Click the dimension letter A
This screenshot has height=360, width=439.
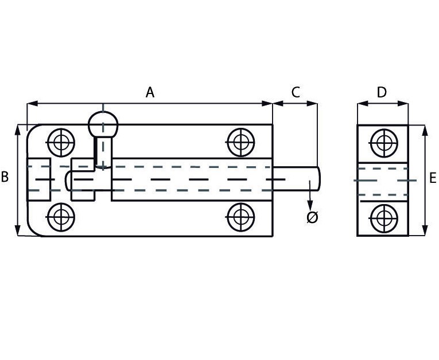[150, 92]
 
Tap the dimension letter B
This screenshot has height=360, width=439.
[5, 177]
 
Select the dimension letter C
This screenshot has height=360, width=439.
[296, 92]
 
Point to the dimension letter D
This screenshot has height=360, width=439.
[382, 92]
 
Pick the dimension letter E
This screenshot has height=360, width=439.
[433, 178]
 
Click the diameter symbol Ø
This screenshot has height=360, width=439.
[312, 217]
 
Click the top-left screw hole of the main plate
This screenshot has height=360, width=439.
[61, 143]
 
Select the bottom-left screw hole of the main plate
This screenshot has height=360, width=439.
[61, 217]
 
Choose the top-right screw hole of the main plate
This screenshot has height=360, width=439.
[241, 142]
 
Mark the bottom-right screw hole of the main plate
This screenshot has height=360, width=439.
[241, 217]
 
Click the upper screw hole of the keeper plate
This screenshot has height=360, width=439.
[384, 143]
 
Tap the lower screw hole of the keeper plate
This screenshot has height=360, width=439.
[383, 218]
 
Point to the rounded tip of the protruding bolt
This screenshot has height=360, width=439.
[318, 178]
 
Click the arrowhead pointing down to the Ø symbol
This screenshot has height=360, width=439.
[310, 206]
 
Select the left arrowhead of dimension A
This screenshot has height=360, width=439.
[32, 104]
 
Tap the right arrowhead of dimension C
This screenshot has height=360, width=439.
[312, 104]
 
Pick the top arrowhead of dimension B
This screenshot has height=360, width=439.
[18, 130]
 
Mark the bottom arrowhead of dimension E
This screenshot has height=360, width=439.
[425, 230]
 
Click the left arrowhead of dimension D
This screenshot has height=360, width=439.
[363, 104]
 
